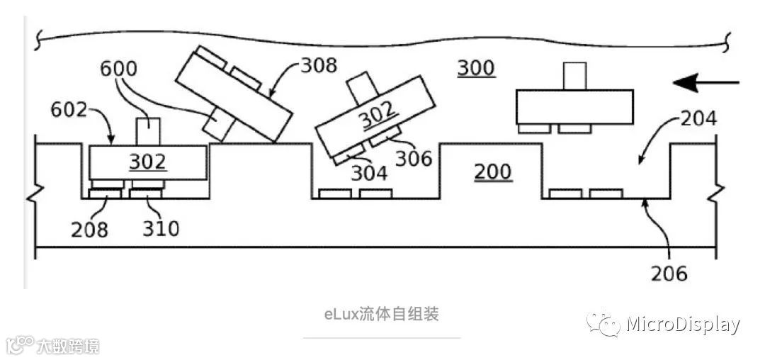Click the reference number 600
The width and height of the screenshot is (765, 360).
[119, 69]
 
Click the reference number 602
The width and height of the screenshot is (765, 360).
[69, 111]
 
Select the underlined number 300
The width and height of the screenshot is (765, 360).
[475, 68]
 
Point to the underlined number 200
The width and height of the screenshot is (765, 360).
[492, 172]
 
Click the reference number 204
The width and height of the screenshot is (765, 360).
[698, 118]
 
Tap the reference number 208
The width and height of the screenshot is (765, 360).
[89, 229]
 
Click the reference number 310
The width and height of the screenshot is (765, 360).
[161, 229]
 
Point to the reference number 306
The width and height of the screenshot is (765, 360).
[414, 157]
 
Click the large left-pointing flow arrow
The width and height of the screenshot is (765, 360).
[705, 84]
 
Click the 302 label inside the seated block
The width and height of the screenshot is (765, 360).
[147, 162]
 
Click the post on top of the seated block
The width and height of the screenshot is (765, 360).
[147, 130]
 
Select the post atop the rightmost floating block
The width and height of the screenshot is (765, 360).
[574, 76]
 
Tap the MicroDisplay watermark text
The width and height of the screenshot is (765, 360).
[683, 325]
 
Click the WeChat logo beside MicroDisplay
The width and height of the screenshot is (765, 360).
[603, 325]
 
